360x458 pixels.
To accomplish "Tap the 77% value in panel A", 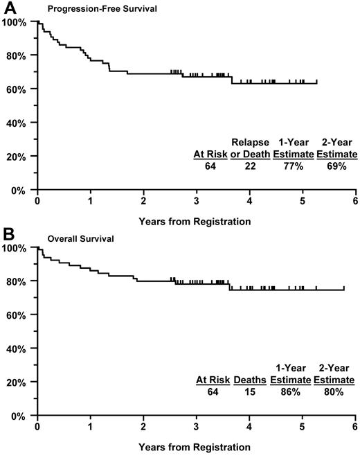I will [292, 166].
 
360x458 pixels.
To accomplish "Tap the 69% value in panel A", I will [336, 166].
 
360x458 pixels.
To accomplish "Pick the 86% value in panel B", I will [290, 391].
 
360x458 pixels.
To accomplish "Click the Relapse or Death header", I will [249, 148].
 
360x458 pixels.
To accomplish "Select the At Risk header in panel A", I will [211, 155].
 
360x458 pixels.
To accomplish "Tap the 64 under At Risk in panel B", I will [211, 391].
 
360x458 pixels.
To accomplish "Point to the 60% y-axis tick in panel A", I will [16, 89].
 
